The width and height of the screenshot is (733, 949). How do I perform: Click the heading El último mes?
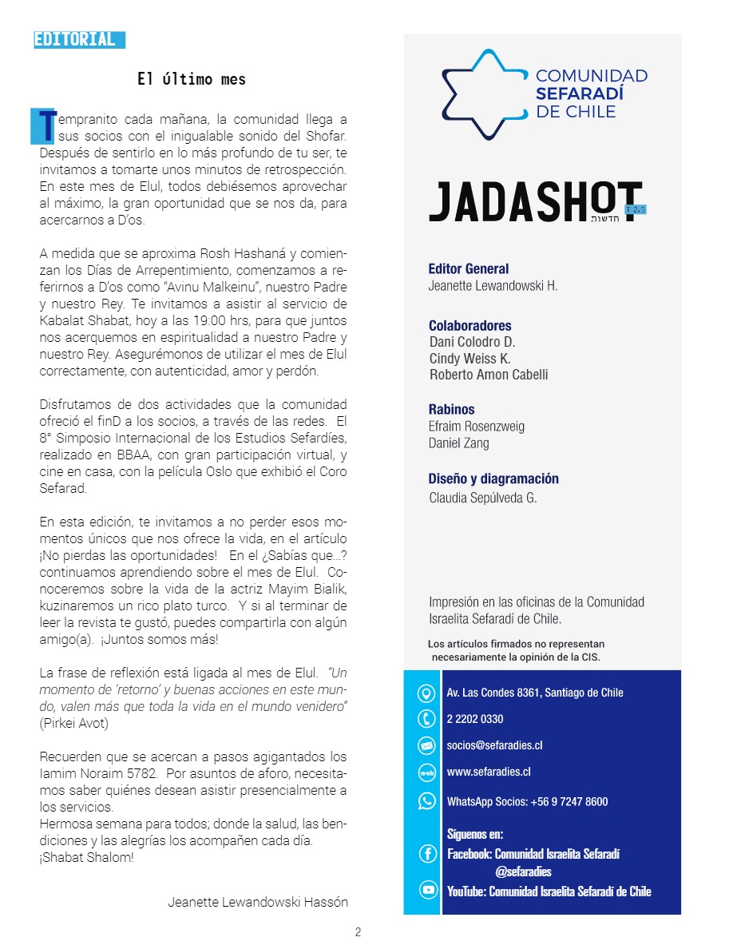coord(192,79)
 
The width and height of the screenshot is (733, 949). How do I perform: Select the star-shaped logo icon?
coord(482,94)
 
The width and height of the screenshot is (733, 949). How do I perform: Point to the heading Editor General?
coord(469,269)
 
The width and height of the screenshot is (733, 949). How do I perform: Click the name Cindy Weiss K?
coord(470,359)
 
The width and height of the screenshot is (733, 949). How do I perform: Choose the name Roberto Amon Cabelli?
coord(489,375)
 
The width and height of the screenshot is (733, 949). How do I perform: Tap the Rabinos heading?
coord(451,410)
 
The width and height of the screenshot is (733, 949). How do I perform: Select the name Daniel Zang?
coord(459,443)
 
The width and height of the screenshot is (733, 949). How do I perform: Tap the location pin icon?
coord(426,693)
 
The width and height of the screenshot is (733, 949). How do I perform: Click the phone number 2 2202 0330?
coord(475,719)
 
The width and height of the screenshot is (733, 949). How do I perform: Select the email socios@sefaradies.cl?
coord(495,745)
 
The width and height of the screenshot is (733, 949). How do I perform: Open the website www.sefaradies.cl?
coord(489,772)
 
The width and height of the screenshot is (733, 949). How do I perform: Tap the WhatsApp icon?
coord(427,800)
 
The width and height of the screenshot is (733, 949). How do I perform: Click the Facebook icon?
coord(427,854)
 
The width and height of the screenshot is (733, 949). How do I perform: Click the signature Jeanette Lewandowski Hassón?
coord(258,902)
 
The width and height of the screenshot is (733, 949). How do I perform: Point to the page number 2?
coord(359,932)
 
